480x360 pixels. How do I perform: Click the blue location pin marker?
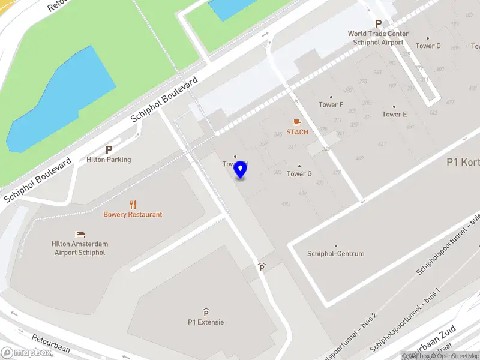[241, 170]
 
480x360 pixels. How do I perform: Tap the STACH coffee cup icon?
[297, 122]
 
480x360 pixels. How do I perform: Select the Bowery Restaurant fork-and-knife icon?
[133, 205]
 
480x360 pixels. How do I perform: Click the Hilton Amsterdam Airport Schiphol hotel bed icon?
[80, 235]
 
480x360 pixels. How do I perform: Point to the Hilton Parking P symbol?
[109, 150]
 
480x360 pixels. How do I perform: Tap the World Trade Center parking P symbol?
[378, 23]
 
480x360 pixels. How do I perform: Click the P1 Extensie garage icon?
[206, 312]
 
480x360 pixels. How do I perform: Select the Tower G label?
[299, 174]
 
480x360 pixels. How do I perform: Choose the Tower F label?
[331, 104]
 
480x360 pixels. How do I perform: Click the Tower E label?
[394, 114]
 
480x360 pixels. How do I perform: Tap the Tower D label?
[428, 46]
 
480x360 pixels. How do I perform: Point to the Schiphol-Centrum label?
[335, 253]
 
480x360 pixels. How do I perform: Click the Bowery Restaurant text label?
[133, 214]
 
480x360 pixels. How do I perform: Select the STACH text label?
[297, 132]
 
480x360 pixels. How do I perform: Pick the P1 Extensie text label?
[206, 322]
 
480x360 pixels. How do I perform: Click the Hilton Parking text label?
[109, 160]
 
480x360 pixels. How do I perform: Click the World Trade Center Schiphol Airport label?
[378, 38]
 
